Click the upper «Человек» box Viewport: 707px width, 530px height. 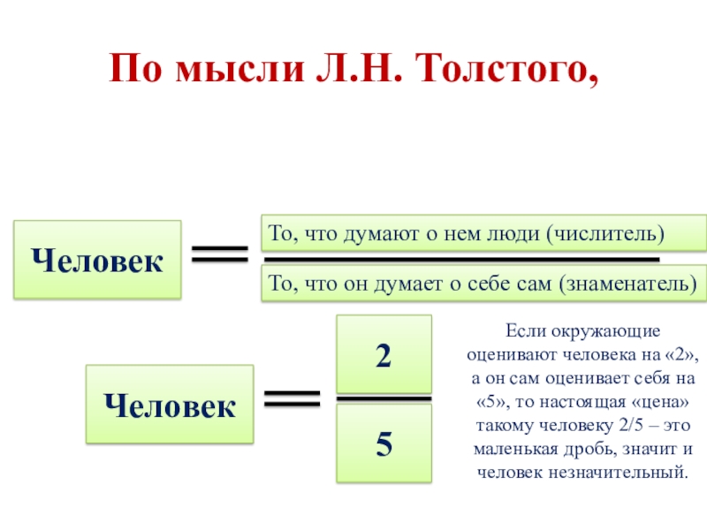(97, 260)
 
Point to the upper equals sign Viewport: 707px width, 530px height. (220, 255)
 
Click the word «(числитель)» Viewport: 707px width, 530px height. (604, 233)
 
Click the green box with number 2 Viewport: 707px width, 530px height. (384, 354)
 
